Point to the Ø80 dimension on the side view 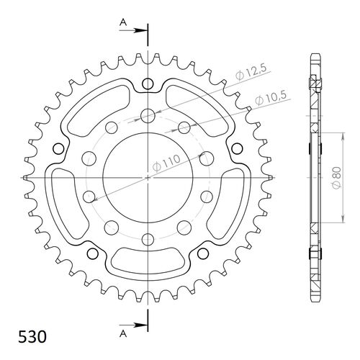coord(336,177)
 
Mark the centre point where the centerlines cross coord(148,177)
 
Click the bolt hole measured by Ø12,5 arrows coord(148,115)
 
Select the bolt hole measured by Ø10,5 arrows coord(184,128)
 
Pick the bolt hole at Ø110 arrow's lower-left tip coord(89,196)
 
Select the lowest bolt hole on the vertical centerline coord(148,239)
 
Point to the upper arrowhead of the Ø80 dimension coord(323,135)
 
